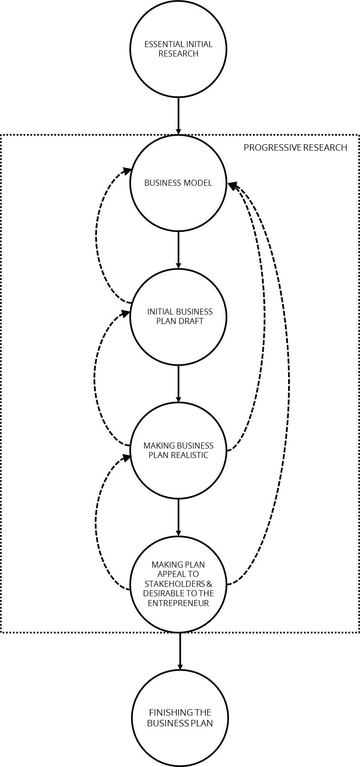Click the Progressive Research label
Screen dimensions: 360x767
tap(295, 148)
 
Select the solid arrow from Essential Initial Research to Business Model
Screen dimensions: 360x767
tap(179, 116)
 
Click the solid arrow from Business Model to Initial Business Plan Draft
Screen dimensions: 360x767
tap(179, 250)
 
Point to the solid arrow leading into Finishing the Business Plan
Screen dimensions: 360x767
tap(180, 651)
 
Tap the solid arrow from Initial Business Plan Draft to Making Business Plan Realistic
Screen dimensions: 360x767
tap(179, 384)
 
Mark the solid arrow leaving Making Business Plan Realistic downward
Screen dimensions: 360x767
tap(179, 518)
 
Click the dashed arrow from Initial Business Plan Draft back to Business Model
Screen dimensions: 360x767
tap(96, 235)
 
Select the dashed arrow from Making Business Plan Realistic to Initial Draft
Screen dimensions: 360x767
tap(95, 377)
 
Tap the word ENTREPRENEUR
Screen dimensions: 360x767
tap(178, 603)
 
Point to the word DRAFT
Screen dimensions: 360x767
tap(192, 321)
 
